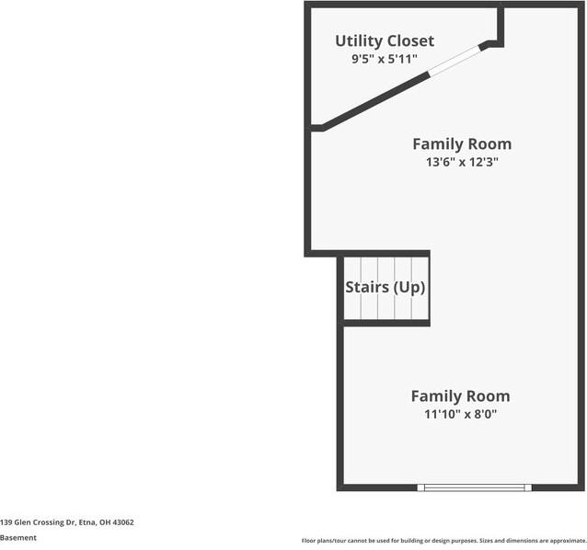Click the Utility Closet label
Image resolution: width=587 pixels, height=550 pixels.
tap(385, 41)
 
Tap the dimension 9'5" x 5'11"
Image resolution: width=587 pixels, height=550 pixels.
tap(385, 59)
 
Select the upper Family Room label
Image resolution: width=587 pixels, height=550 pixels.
tap(461, 144)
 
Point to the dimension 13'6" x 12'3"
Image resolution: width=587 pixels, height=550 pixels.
tap(461, 162)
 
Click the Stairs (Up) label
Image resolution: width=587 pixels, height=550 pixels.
tap(386, 287)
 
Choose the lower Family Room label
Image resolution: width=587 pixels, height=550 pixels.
tap(460, 396)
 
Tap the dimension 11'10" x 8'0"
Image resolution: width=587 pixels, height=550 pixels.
tap(460, 414)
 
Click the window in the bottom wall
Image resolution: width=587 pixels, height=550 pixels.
tap(474, 487)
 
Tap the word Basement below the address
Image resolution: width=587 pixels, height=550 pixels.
tap(18, 538)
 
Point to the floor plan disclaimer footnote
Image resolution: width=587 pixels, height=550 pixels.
tap(443, 540)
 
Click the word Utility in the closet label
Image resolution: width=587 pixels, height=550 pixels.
tap(356, 41)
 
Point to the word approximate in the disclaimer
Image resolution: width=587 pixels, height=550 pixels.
tap(566, 540)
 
